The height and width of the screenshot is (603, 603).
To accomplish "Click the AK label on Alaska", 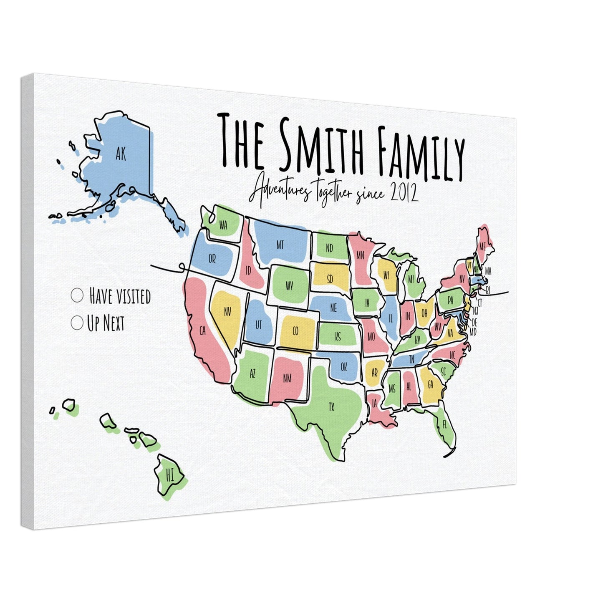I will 120,155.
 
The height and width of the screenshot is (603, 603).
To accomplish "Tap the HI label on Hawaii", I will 169,475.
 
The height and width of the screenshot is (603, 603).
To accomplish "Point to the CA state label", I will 202,331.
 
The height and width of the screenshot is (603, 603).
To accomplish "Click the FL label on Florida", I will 444,425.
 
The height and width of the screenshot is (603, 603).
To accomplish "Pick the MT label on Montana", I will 280,245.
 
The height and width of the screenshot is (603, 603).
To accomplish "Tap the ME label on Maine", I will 482,247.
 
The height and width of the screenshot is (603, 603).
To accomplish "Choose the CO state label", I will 295,331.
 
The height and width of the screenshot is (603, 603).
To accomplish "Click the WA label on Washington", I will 223,226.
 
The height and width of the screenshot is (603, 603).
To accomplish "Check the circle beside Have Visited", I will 77,295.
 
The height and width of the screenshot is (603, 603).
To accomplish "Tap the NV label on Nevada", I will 227,312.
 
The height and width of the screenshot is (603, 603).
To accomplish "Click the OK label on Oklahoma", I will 344,367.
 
